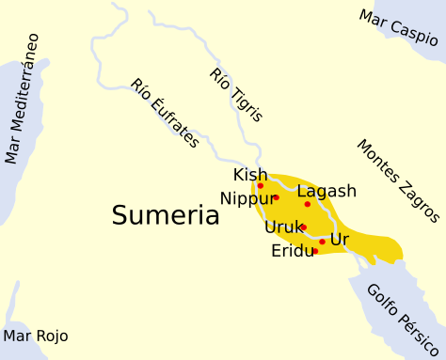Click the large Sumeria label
tap(166, 215)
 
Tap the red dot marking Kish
tap(261, 185)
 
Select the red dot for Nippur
tap(276, 197)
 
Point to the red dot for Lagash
tap(307, 204)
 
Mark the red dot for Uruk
tap(303, 227)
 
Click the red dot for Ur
tap(322, 242)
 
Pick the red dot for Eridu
tap(315, 251)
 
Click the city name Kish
tap(250, 175)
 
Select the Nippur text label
tap(246, 198)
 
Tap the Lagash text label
tap(327, 192)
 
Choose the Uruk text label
tap(282, 227)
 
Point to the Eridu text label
tap(292, 252)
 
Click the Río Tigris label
tap(236, 95)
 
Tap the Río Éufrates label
tap(165, 113)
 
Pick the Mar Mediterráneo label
tap(22, 99)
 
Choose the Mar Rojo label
tap(36, 336)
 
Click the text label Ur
tap(340, 240)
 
